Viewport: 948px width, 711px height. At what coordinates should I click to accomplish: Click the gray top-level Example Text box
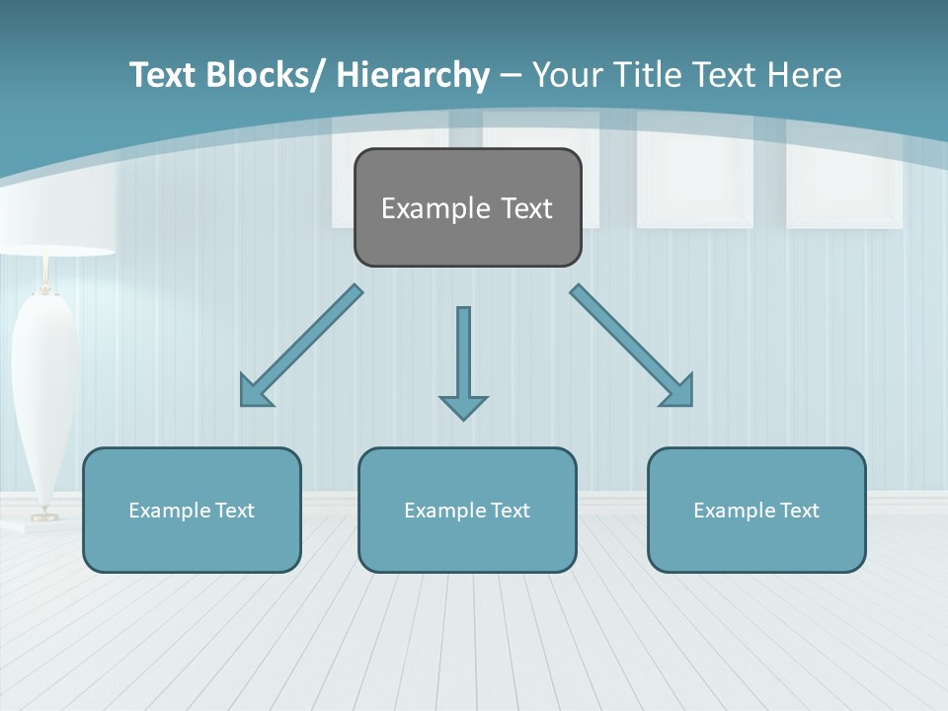[x=467, y=207]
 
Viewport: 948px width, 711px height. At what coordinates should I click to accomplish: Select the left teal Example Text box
[x=192, y=510]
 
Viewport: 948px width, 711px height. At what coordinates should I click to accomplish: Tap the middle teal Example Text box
[x=467, y=510]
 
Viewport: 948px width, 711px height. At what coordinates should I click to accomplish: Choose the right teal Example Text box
[x=756, y=510]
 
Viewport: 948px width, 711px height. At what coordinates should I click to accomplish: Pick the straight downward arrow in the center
[x=463, y=355]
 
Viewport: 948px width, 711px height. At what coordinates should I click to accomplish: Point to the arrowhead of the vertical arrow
[x=463, y=407]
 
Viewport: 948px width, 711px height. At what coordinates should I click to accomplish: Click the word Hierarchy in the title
[x=413, y=75]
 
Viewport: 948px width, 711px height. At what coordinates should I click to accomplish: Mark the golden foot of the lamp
[x=43, y=514]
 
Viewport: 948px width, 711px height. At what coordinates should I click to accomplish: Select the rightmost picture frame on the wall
[x=844, y=178]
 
